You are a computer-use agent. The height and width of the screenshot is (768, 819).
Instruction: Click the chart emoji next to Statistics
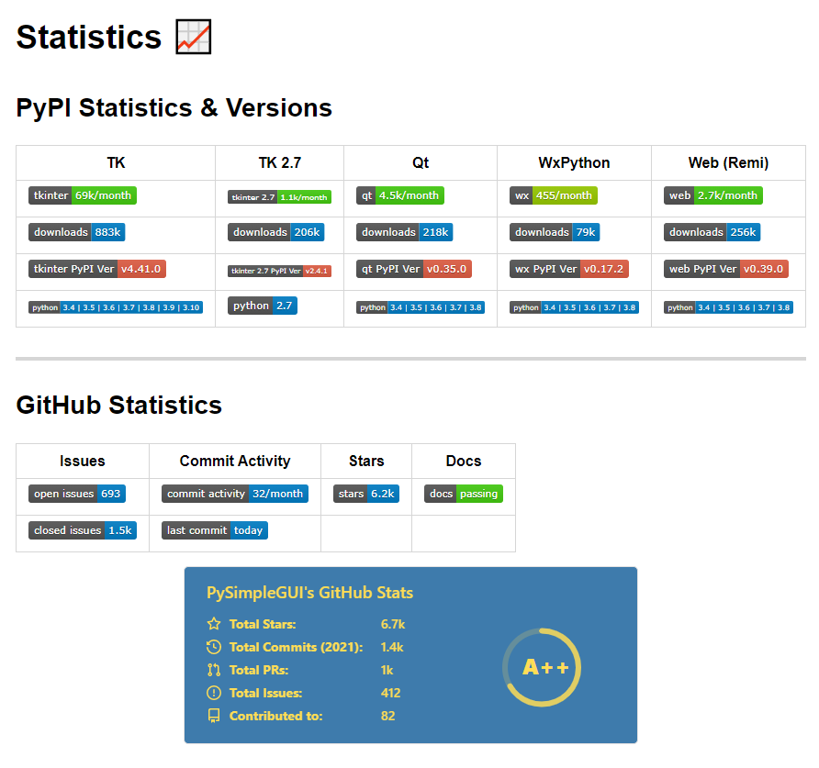(x=193, y=37)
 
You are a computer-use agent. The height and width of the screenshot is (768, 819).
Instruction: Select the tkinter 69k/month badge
(x=83, y=195)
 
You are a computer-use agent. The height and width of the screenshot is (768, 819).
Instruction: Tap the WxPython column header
(x=574, y=163)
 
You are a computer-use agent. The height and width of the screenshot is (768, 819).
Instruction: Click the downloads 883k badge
(x=77, y=232)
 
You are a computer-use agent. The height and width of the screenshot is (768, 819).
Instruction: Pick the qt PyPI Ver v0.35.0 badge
(x=414, y=269)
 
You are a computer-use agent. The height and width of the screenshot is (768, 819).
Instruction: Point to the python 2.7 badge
(x=263, y=306)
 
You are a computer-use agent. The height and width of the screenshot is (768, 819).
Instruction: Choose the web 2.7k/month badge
(x=713, y=195)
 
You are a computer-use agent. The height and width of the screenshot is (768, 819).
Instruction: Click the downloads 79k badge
(x=555, y=232)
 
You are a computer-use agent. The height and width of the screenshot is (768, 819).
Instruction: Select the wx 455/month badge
(x=554, y=195)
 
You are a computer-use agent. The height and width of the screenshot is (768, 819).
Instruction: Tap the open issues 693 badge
(x=77, y=494)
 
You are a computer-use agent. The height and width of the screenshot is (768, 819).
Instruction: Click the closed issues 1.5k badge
(x=83, y=530)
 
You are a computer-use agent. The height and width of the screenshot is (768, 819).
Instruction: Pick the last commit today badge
(x=215, y=530)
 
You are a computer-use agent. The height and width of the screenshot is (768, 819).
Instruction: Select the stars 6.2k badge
(x=366, y=494)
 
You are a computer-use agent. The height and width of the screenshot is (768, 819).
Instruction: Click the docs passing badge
(x=464, y=494)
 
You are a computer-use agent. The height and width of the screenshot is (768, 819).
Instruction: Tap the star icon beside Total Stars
(x=214, y=624)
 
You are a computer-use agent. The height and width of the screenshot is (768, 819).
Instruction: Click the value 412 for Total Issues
(x=391, y=693)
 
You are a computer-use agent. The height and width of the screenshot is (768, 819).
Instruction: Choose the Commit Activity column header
(x=235, y=461)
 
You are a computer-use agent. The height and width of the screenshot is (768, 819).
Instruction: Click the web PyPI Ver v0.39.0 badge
(x=726, y=269)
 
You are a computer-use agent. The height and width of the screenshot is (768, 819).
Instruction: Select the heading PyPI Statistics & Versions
(x=174, y=108)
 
